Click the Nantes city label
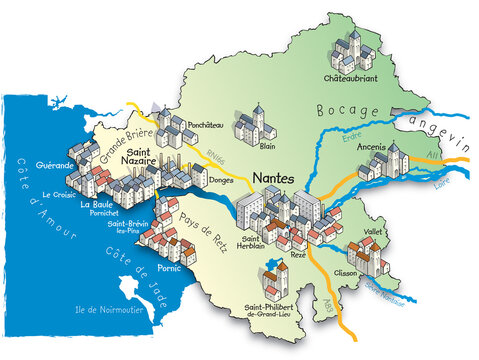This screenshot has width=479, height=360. [x=273, y=177]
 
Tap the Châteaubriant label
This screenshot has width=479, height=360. [x=350, y=77]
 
